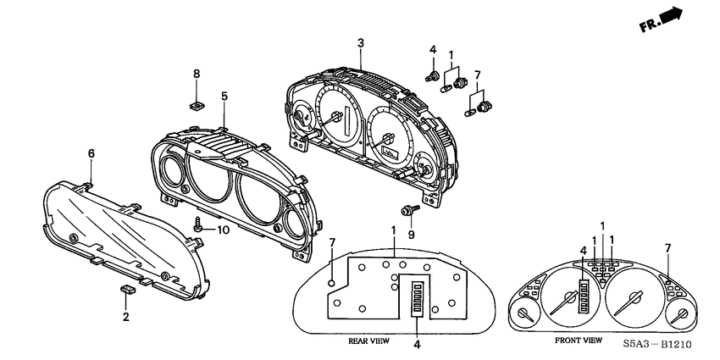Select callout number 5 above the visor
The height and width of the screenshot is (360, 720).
coord(224,97)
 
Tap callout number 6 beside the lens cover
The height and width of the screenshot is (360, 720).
coord(91,153)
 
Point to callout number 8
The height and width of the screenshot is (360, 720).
coord(197,74)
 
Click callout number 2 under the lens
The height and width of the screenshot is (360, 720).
coord(126,318)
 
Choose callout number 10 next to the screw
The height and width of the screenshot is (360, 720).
coord(224,230)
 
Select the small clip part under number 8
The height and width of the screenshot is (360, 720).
coord(197,106)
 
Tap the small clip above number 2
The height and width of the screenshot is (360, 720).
coord(128,291)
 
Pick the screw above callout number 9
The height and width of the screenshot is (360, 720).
coord(407,209)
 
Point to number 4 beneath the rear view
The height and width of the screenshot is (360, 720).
coord(418,345)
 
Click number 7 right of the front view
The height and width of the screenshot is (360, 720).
coord(667,247)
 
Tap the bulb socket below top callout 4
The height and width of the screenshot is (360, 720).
coord(435,78)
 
